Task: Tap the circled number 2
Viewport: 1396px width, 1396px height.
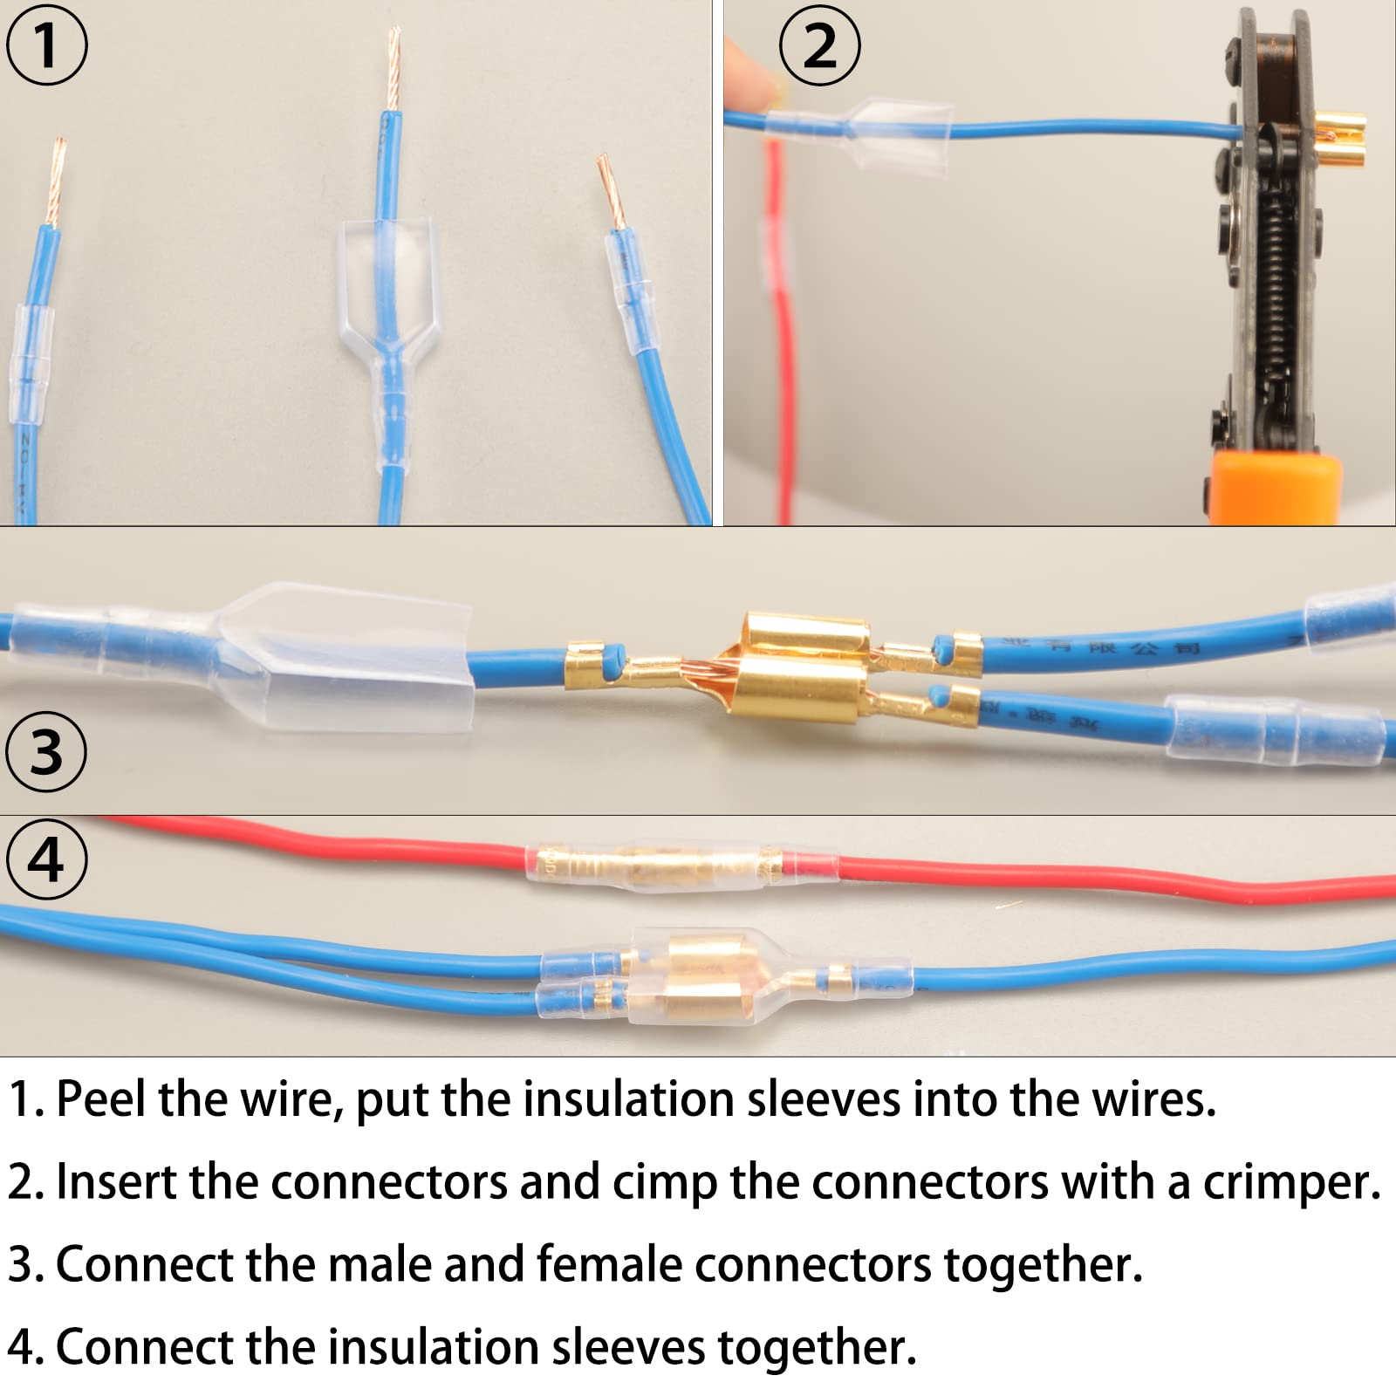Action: [819, 44]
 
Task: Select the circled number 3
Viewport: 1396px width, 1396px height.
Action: [46, 751]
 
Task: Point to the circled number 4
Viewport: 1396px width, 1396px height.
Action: [46, 859]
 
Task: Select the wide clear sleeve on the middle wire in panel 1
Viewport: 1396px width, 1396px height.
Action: [384, 279]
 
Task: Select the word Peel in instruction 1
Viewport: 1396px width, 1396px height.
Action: [101, 1099]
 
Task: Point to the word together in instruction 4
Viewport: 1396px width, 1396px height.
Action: [817, 1348]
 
